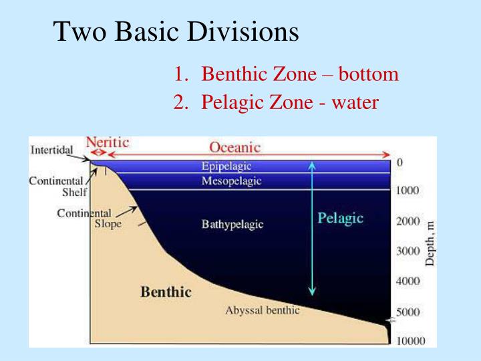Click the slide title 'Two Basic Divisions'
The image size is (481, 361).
point(176,31)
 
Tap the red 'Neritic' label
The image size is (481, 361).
point(107,142)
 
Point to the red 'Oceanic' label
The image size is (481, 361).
point(234,147)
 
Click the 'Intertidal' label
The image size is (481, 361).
point(51,149)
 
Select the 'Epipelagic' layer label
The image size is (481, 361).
point(226,166)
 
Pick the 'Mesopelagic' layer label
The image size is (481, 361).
point(231,181)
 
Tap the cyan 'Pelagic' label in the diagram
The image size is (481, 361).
point(340,218)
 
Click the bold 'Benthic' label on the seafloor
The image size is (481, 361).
point(166,291)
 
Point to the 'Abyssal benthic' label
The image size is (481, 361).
point(262,310)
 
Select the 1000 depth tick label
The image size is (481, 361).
point(408,191)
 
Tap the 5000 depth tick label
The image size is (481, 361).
point(408,312)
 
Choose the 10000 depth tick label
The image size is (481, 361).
point(410,341)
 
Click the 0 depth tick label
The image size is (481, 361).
point(399,162)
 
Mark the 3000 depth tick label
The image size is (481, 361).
point(408,251)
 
